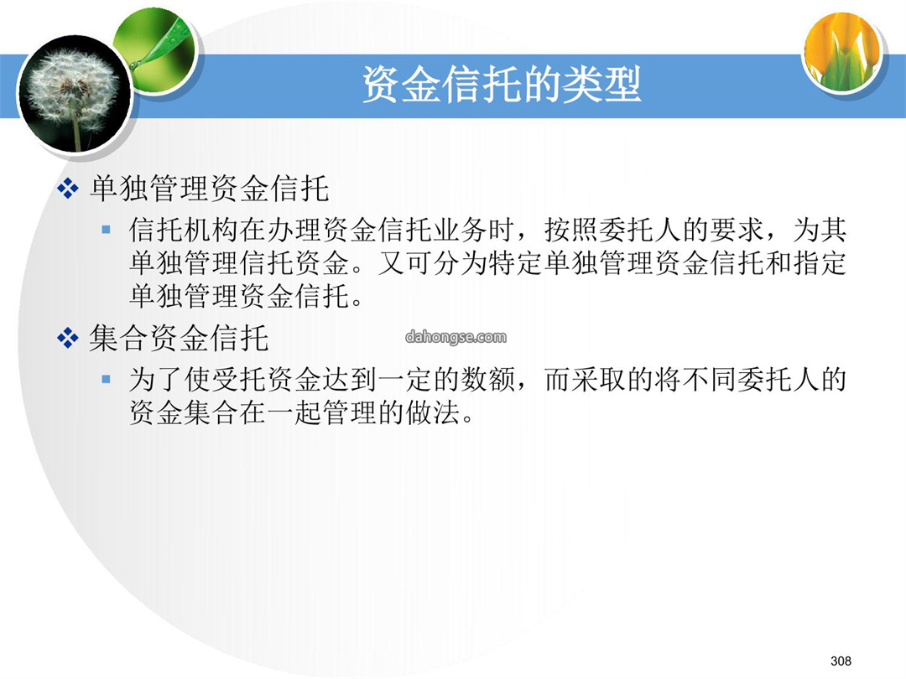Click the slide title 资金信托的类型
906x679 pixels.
502,85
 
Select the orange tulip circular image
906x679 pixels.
844,52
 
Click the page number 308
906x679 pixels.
841,661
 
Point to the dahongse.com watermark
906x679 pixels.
456,337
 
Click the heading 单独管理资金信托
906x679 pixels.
209,189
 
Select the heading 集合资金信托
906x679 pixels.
180,338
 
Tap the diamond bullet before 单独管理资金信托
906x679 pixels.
68,189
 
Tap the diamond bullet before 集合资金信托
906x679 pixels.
68,339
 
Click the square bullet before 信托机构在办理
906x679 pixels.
106,230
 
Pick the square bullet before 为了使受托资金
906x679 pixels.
106,380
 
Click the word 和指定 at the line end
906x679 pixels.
805,263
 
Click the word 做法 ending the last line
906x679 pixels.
433,412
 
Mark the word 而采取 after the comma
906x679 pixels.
586,380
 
